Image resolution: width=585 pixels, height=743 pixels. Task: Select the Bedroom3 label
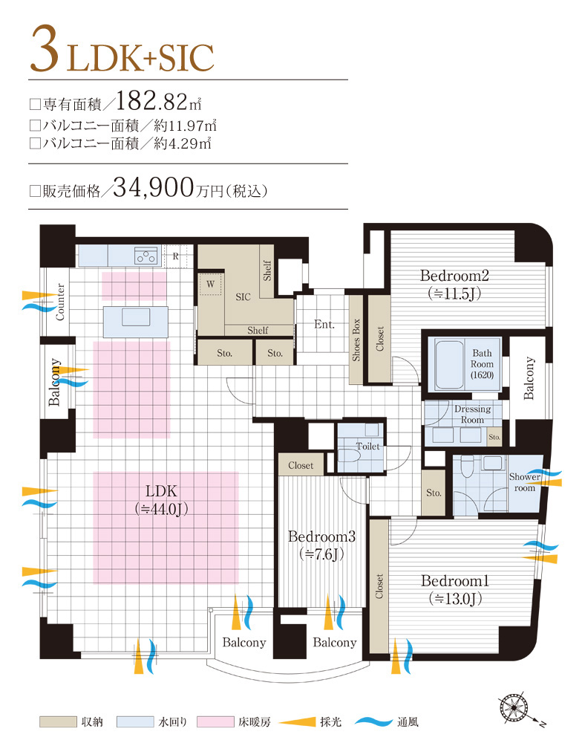click(321, 545)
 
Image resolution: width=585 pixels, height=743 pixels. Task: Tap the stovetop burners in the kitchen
click(146, 256)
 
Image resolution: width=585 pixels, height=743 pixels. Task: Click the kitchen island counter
click(126, 319)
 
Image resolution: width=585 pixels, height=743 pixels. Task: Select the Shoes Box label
click(356, 340)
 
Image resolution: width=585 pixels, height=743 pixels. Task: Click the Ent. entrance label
click(324, 325)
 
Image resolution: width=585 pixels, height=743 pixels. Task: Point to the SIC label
click(243, 297)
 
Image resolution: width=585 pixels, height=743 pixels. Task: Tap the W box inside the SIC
click(210, 284)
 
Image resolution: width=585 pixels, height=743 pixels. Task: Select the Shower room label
click(524, 482)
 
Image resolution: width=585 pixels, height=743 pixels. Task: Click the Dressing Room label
click(472, 415)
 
